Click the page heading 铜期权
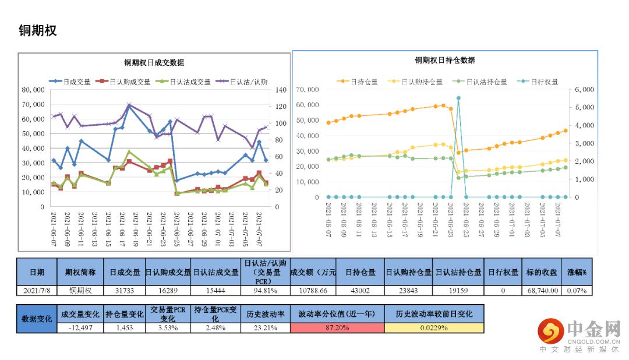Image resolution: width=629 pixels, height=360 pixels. (38, 30)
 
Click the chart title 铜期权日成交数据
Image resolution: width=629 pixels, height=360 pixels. (154, 63)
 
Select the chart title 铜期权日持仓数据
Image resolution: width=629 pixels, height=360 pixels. (444, 61)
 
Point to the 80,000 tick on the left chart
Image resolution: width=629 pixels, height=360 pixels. (33, 90)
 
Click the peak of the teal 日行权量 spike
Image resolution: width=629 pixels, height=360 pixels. (458, 98)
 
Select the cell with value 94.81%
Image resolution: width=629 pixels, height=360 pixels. (265, 290)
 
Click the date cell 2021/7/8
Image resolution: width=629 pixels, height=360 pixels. (37, 290)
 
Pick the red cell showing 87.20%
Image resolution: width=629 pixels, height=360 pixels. (337, 328)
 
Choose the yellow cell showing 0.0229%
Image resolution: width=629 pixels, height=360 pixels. (434, 328)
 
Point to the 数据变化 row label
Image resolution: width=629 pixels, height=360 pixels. (37, 319)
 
